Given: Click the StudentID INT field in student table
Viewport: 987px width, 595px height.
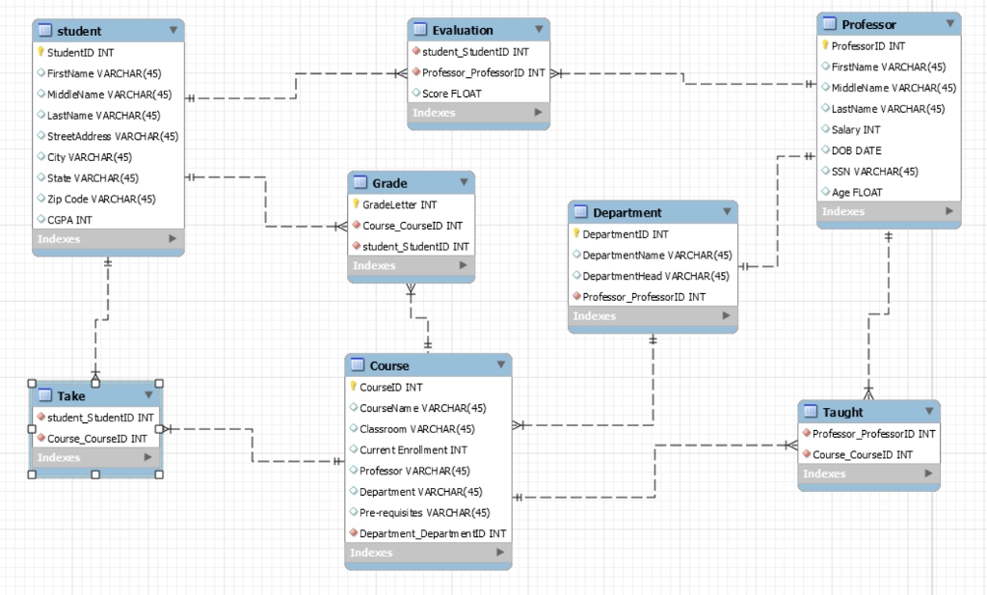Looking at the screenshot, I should click(x=80, y=52).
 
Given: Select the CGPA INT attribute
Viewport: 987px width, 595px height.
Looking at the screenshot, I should click(x=69, y=220).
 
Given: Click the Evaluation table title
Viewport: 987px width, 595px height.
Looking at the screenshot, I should click(x=463, y=30).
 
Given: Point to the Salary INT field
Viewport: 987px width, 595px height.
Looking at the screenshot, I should click(x=855, y=129).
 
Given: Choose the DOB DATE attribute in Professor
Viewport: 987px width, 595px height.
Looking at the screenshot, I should click(x=856, y=150).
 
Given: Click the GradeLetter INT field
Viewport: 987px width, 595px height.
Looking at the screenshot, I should click(x=399, y=204).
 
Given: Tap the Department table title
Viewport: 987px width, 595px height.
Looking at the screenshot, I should click(x=627, y=212).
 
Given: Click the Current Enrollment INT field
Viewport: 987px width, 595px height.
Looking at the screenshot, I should click(x=413, y=449).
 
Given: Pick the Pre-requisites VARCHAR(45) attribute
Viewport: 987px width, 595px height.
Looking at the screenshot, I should click(x=424, y=512).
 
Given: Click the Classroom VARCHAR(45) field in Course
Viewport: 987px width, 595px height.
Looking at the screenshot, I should click(x=416, y=429).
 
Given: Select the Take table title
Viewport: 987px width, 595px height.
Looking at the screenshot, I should click(x=70, y=395).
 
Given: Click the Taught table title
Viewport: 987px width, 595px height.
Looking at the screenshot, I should click(x=842, y=412).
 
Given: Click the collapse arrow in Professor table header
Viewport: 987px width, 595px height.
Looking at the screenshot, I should click(x=951, y=24).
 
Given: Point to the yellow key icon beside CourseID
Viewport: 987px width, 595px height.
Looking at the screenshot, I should click(x=353, y=387).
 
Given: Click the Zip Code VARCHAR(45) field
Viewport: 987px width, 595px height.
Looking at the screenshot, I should click(x=101, y=199).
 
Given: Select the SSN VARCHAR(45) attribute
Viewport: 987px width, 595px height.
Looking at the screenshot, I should click(x=874, y=172).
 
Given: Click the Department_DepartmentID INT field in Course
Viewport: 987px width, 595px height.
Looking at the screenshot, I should click(x=432, y=533).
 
